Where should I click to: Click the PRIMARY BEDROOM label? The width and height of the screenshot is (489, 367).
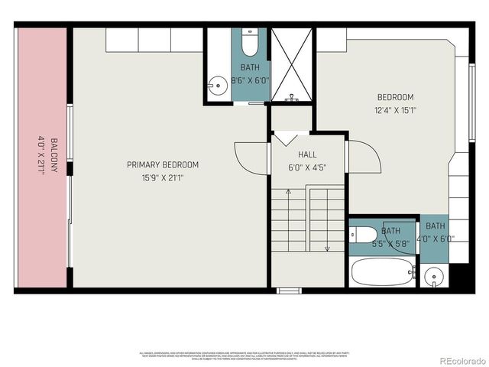(163, 164)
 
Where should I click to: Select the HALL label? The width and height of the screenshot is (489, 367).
(296, 154)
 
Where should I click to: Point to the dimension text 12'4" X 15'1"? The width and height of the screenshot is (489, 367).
(396, 110)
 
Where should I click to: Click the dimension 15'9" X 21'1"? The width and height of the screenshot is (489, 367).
(163, 177)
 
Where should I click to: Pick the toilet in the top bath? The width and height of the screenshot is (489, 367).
(250, 43)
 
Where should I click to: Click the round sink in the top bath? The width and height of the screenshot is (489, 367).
(218, 83)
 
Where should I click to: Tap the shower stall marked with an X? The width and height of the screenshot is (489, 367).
(291, 64)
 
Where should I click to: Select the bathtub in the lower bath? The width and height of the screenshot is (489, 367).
(383, 271)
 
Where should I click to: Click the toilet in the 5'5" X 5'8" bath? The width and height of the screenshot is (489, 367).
(362, 235)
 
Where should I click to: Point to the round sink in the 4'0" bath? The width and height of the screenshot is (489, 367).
(433, 275)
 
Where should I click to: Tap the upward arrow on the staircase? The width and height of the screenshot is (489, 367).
(285, 138)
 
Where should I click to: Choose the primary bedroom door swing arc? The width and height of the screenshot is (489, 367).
(250, 157)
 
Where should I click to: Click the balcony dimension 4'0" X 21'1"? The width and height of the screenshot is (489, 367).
(42, 156)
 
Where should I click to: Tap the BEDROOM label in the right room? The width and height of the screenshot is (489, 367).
(396, 97)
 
